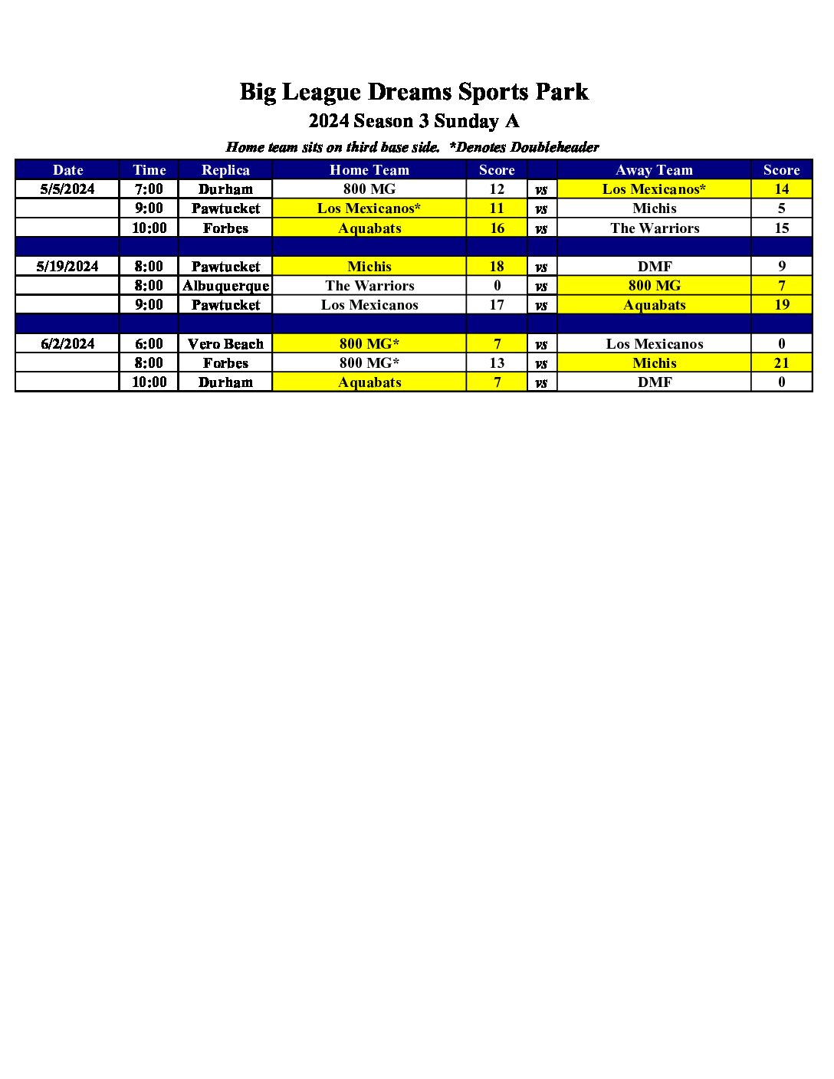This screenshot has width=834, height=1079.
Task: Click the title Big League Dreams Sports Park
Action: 414,92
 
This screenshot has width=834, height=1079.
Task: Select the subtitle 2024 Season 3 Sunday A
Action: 414,121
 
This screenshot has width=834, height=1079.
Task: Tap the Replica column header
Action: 225,170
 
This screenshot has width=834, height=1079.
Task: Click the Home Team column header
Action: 369,170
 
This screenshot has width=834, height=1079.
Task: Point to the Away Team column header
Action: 654,170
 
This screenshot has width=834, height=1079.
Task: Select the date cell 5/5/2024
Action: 67,189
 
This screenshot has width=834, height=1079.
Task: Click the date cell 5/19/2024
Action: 67,267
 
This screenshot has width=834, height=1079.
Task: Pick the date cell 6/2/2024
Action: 67,344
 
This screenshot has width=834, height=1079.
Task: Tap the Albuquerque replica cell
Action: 225,286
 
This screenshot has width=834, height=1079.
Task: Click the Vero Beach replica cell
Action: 225,344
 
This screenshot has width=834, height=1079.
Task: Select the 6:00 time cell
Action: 149,344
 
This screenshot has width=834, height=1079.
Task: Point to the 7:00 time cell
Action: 149,189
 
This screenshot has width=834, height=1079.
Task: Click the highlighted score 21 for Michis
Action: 781,363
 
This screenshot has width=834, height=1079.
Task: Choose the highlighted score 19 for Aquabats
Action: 781,305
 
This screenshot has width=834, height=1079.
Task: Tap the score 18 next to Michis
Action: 497,267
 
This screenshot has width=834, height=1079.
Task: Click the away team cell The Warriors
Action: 655,228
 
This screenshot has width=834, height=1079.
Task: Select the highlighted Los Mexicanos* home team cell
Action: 369,208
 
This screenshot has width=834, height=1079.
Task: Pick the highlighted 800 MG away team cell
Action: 655,286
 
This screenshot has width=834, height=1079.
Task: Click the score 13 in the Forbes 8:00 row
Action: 497,363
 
